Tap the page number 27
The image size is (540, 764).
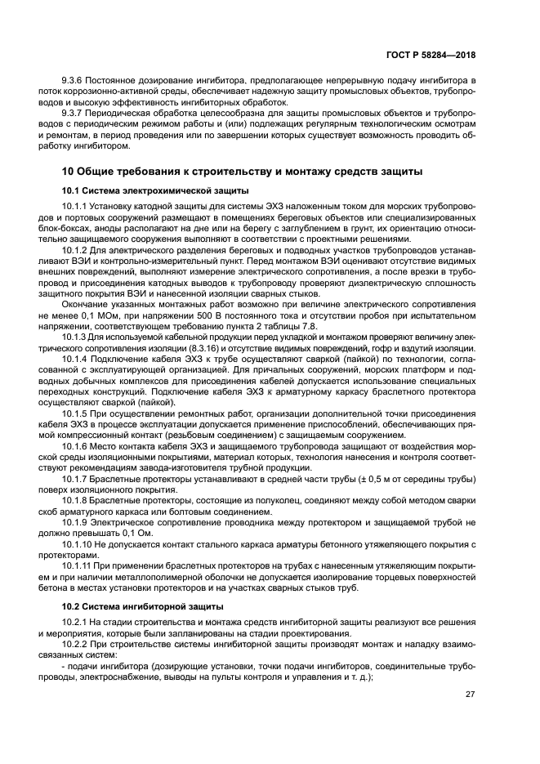click(x=470, y=695)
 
